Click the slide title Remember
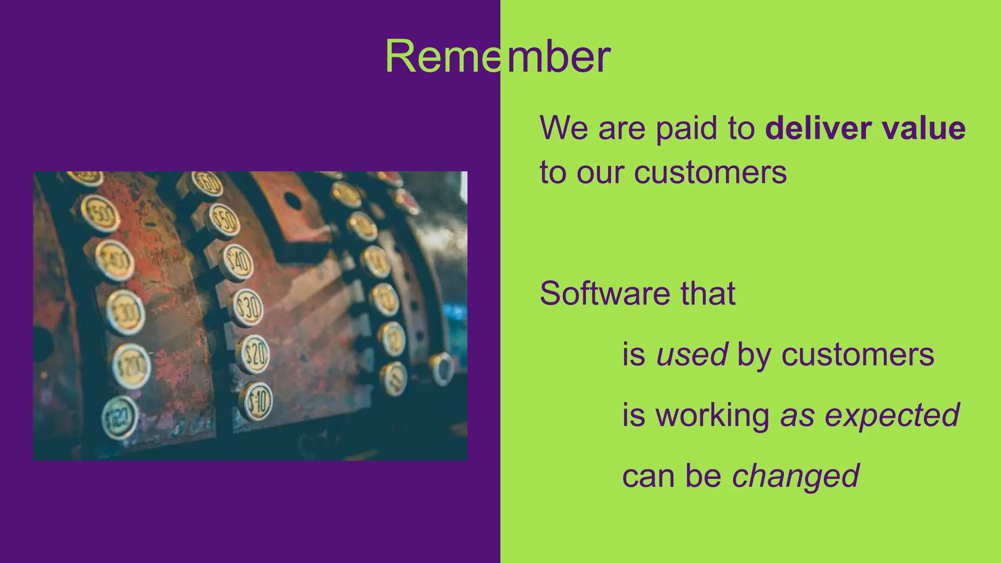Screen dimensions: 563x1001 pos(498,57)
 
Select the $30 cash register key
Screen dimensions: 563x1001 pos(247,308)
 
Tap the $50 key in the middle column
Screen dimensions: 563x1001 pos(224,220)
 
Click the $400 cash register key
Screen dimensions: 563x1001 pos(115,260)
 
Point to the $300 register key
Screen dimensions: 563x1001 pos(126,312)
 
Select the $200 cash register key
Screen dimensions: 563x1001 pos(131,366)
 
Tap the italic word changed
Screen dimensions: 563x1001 pos(795,476)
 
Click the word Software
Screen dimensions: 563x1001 pos(604,293)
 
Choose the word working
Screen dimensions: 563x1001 pos(712,415)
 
